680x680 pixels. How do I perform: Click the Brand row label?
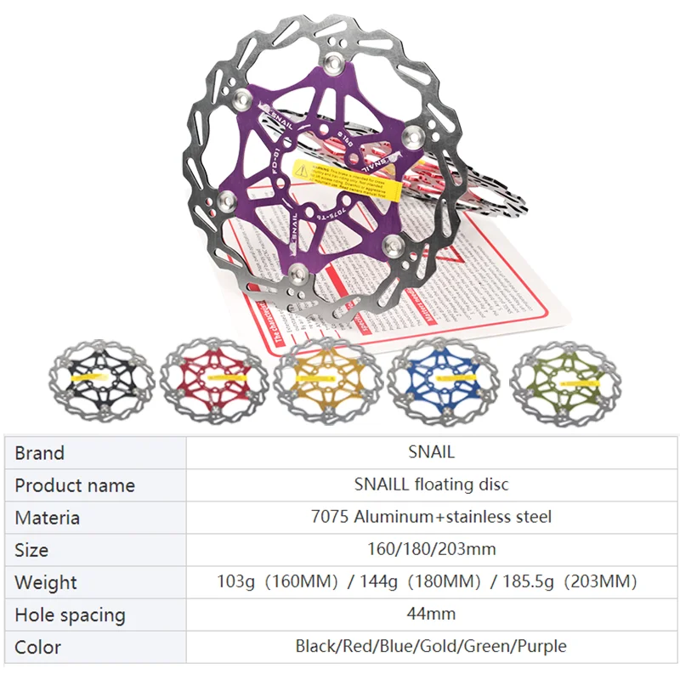[40, 453]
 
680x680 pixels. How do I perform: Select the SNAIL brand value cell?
[431, 453]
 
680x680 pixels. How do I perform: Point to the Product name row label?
[75, 485]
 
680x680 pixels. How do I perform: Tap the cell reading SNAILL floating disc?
[431, 484]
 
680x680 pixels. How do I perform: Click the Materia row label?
[48, 518]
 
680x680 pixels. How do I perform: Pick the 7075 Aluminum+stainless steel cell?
[431, 517]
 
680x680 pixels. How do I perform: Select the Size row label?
[31, 550]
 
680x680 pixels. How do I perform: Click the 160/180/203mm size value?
[431, 549]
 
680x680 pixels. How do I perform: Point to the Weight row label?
[46, 583]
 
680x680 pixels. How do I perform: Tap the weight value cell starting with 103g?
[431, 582]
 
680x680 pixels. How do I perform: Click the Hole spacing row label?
[70, 615]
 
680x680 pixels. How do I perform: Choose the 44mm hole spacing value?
[431, 614]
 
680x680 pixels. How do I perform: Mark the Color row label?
[38, 647]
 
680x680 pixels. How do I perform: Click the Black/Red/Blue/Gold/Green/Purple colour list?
[431, 646]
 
